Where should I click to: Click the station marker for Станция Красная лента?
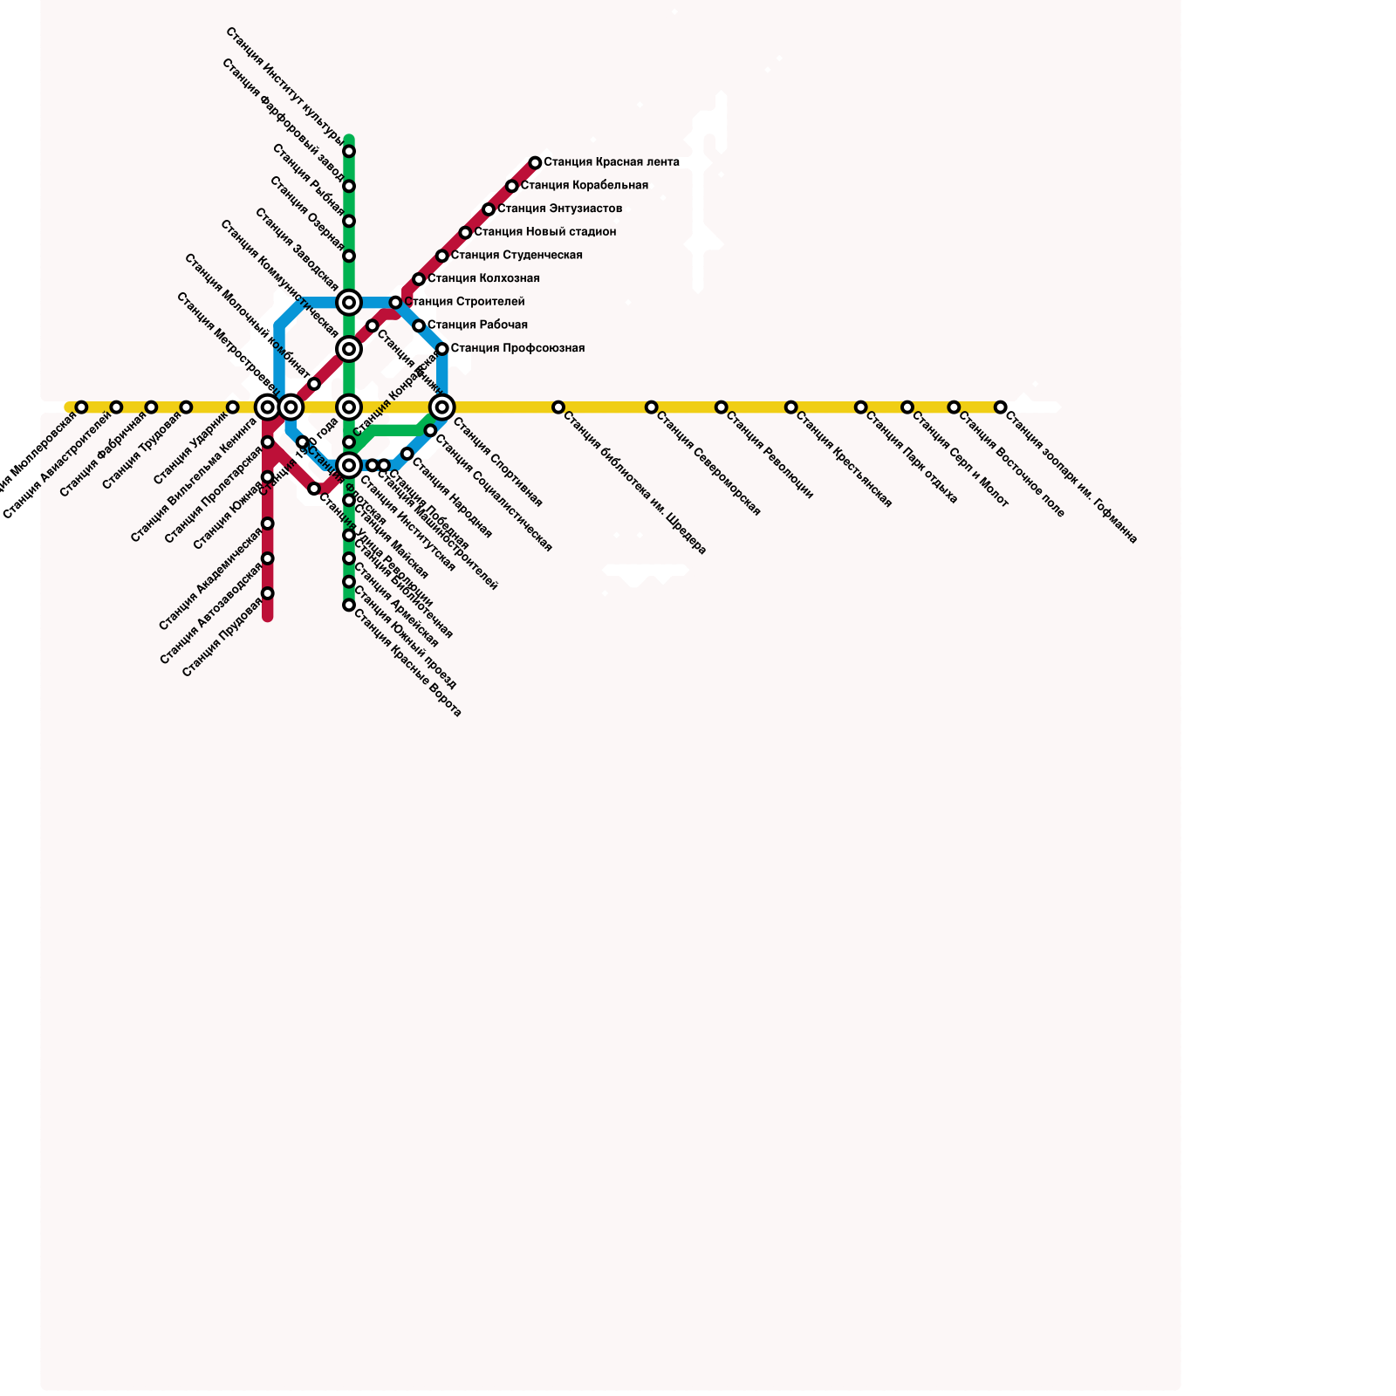coord(535,163)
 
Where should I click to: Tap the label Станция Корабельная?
coord(584,186)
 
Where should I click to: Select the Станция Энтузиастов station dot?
coord(489,209)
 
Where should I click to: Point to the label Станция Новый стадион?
coord(545,232)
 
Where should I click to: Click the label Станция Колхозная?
coord(483,279)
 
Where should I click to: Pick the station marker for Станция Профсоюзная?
coord(442,349)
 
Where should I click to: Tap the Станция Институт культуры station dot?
coord(349,152)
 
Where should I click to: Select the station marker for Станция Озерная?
coord(349,256)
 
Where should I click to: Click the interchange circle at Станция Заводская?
coord(349,303)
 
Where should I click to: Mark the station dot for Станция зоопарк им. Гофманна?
coord(1001,407)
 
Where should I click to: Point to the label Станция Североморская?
coord(708,463)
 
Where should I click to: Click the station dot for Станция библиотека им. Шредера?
coord(558,407)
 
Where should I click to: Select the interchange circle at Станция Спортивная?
coord(442,407)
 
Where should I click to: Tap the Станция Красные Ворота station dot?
coord(349,605)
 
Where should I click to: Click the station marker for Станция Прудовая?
coord(268,593)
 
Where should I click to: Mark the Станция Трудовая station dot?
coord(186,407)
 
